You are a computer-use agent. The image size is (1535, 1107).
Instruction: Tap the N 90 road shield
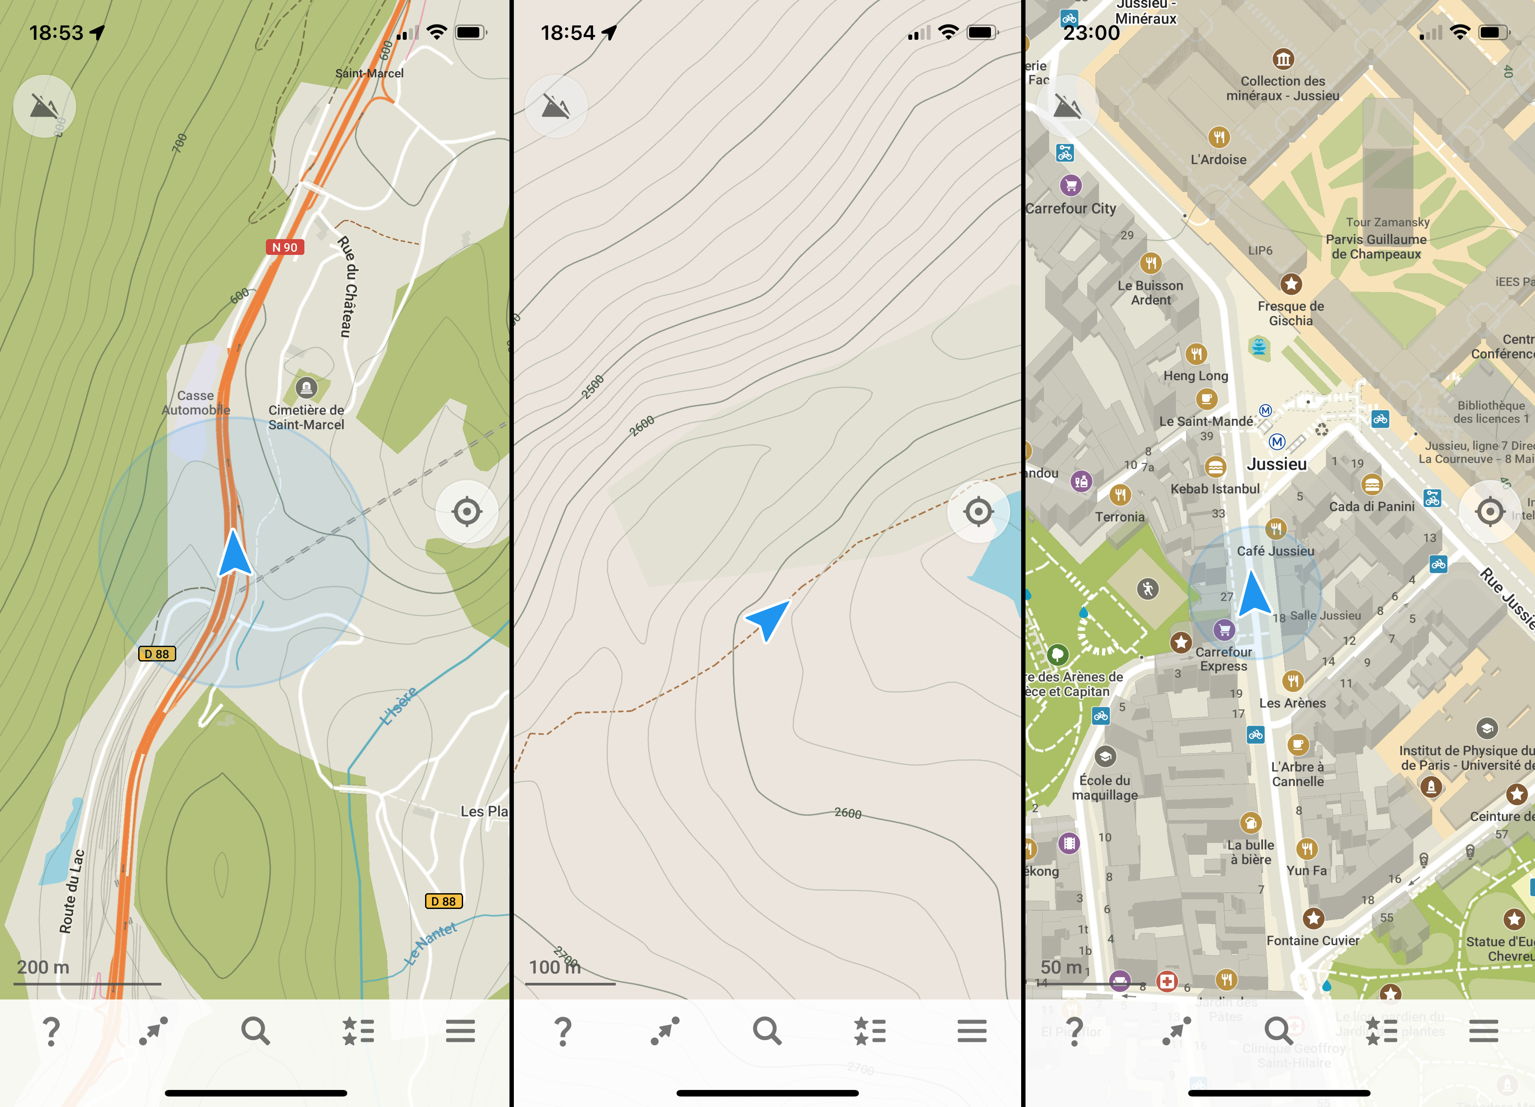pyautogui.click(x=285, y=247)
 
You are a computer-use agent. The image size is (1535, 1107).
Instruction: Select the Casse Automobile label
pyautogui.click(x=195, y=403)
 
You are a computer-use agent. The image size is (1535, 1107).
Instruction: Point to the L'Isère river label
pyautogui.click(x=399, y=706)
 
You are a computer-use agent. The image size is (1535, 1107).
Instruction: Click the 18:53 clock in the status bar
pyautogui.click(x=56, y=32)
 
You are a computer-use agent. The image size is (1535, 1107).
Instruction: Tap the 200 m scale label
pyautogui.click(x=43, y=967)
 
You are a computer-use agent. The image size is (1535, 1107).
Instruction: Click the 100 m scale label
pyautogui.click(x=555, y=967)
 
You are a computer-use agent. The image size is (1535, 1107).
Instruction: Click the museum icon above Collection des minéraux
pyautogui.click(x=1283, y=59)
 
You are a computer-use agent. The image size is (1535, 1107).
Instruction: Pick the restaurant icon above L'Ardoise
pyautogui.click(x=1218, y=137)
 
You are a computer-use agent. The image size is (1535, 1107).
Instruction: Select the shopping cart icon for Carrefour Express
pyautogui.click(x=1224, y=630)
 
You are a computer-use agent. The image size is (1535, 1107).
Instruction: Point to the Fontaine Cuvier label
pyautogui.click(x=1312, y=940)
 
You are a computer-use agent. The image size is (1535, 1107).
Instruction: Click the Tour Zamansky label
pyautogui.click(x=1388, y=222)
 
